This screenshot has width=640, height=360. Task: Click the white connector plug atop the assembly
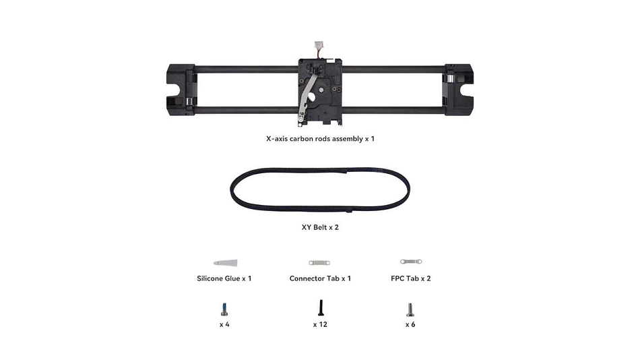[319, 45]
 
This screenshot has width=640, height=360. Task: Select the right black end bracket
[459, 90]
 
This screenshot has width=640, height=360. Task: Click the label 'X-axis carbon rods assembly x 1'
[320, 138]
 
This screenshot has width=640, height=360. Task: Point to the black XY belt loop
[319, 169]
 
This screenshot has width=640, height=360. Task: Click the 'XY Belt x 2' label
[320, 227]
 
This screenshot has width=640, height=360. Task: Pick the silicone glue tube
[225, 262]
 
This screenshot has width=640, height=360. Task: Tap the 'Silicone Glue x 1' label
[224, 278]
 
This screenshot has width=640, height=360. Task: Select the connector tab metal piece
[319, 263]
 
